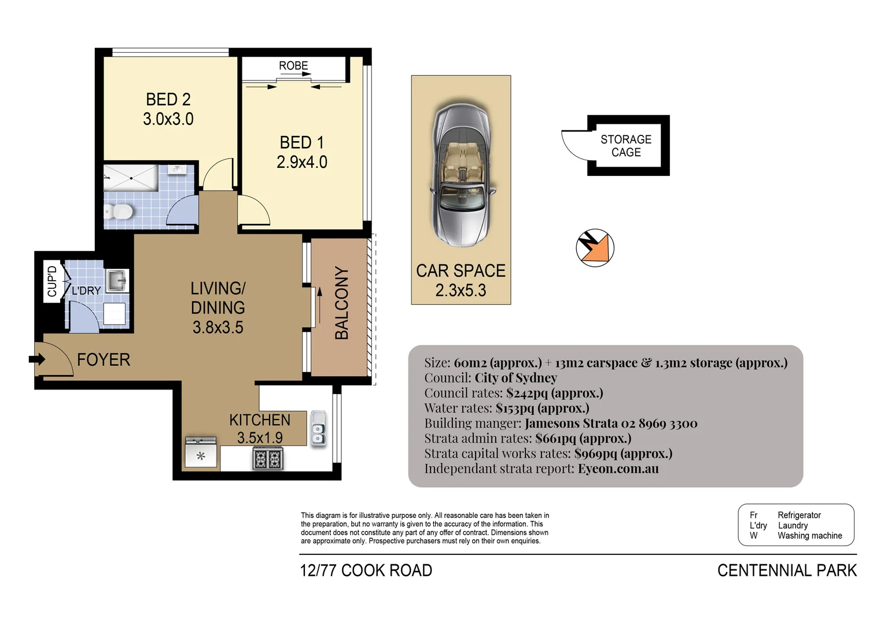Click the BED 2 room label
[168, 100]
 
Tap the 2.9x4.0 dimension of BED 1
[301, 162]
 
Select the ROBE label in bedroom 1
[293, 65]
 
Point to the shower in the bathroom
[131, 177]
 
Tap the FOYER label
[104, 360]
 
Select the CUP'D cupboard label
[52, 281]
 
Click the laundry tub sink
[118, 281]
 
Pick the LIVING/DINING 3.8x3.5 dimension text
[218, 328]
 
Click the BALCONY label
[341, 303]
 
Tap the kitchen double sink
[318, 428]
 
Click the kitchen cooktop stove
[267, 459]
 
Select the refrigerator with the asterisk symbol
[201, 454]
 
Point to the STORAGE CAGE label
[626, 146]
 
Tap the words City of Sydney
[515, 378]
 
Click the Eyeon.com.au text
[618, 469]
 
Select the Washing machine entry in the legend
[809, 536]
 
